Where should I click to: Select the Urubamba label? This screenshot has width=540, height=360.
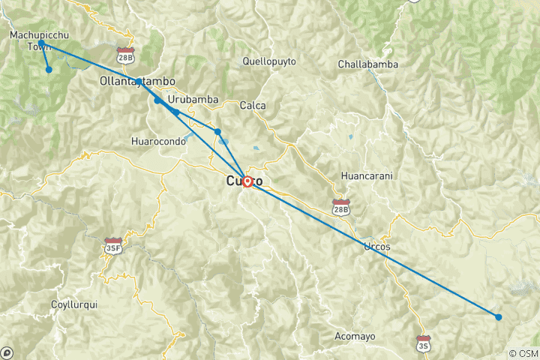pyautogui.click(x=193, y=99)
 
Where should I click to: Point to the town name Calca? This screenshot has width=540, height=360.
pyautogui.click(x=252, y=106)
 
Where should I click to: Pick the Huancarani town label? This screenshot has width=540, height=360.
pyautogui.click(x=367, y=175)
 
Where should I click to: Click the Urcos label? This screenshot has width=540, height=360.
pyautogui.click(x=377, y=246)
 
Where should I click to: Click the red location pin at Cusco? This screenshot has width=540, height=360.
pyautogui.click(x=247, y=181)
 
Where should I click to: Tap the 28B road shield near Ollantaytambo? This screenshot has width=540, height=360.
pyautogui.click(x=126, y=55)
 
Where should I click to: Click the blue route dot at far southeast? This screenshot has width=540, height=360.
pyautogui.click(x=499, y=316)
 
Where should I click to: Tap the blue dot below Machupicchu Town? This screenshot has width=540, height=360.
pyautogui.click(x=49, y=70)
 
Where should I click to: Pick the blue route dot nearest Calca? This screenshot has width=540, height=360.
pyautogui.click(x=217, y=132)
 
